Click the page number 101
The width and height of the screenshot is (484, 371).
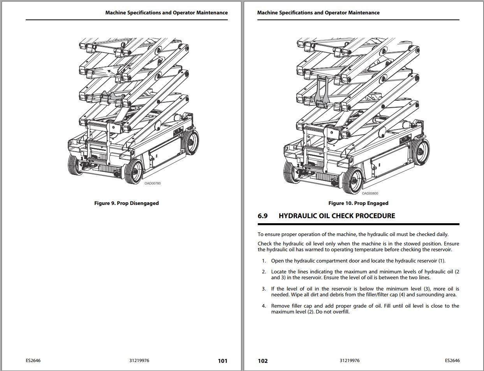coord(222,361)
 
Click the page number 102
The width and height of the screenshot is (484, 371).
coord(262,361)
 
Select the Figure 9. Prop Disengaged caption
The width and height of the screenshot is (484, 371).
coord(127,203)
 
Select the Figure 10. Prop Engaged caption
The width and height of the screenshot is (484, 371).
coord(358,203)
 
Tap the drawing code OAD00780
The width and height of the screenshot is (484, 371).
coord(153,183)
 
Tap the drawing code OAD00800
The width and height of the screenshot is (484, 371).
coord(370,193)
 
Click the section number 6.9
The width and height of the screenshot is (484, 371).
coord(262,216)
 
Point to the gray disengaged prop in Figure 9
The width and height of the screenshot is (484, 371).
coord(112,96)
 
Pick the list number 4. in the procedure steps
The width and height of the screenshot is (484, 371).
coord(264,306)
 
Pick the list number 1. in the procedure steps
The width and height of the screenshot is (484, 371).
coord(264,261)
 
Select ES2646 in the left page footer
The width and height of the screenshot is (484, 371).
coord(33,360)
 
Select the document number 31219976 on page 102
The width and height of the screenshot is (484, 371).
coord(349,360)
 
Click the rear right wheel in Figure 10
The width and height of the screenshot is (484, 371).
coord(420,149)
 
